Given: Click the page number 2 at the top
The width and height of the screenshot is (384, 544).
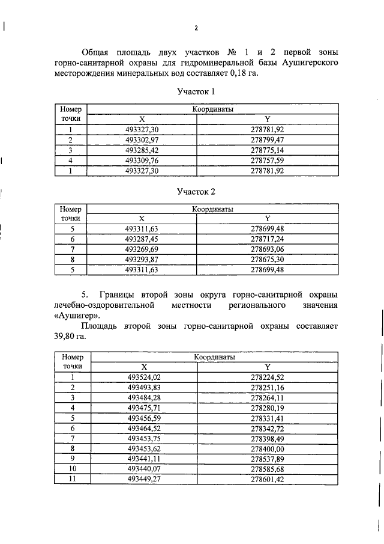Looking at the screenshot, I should (196, 28).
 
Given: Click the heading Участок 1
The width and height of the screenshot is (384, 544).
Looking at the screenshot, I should (196, 92).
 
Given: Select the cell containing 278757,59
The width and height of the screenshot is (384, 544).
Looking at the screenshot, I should (267, 160).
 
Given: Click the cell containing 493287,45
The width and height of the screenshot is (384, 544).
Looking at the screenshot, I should (142, 239).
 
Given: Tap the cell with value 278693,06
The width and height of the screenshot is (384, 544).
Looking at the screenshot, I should (267, 249).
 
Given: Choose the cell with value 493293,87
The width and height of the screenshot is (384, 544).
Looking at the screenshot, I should (142, 260).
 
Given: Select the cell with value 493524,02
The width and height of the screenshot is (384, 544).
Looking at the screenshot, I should (145, 377).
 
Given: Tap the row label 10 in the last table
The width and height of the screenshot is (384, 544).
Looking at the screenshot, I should (72, 469).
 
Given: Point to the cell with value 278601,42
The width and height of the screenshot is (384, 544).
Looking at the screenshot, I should (267, 479).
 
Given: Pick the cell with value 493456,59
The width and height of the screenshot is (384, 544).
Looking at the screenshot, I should (145, 418).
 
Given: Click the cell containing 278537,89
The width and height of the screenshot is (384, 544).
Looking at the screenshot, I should (267, 459).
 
